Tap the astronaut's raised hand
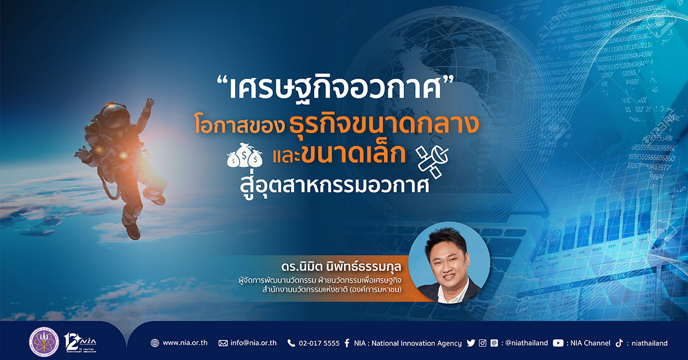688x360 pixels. (149, 104)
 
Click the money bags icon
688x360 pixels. (245, 155)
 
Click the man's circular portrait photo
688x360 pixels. (449, 263)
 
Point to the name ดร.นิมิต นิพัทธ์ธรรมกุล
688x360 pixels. (341, 267)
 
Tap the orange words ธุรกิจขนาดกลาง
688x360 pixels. (384, 124)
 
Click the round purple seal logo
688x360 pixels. (44, 342)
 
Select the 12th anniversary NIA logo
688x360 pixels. (80, 342)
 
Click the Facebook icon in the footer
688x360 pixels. (347, 343)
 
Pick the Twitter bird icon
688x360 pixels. (471, 343)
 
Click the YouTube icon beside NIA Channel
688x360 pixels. (558, 343)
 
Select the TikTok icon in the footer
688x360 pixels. (619, 343)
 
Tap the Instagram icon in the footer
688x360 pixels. (483, 343)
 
